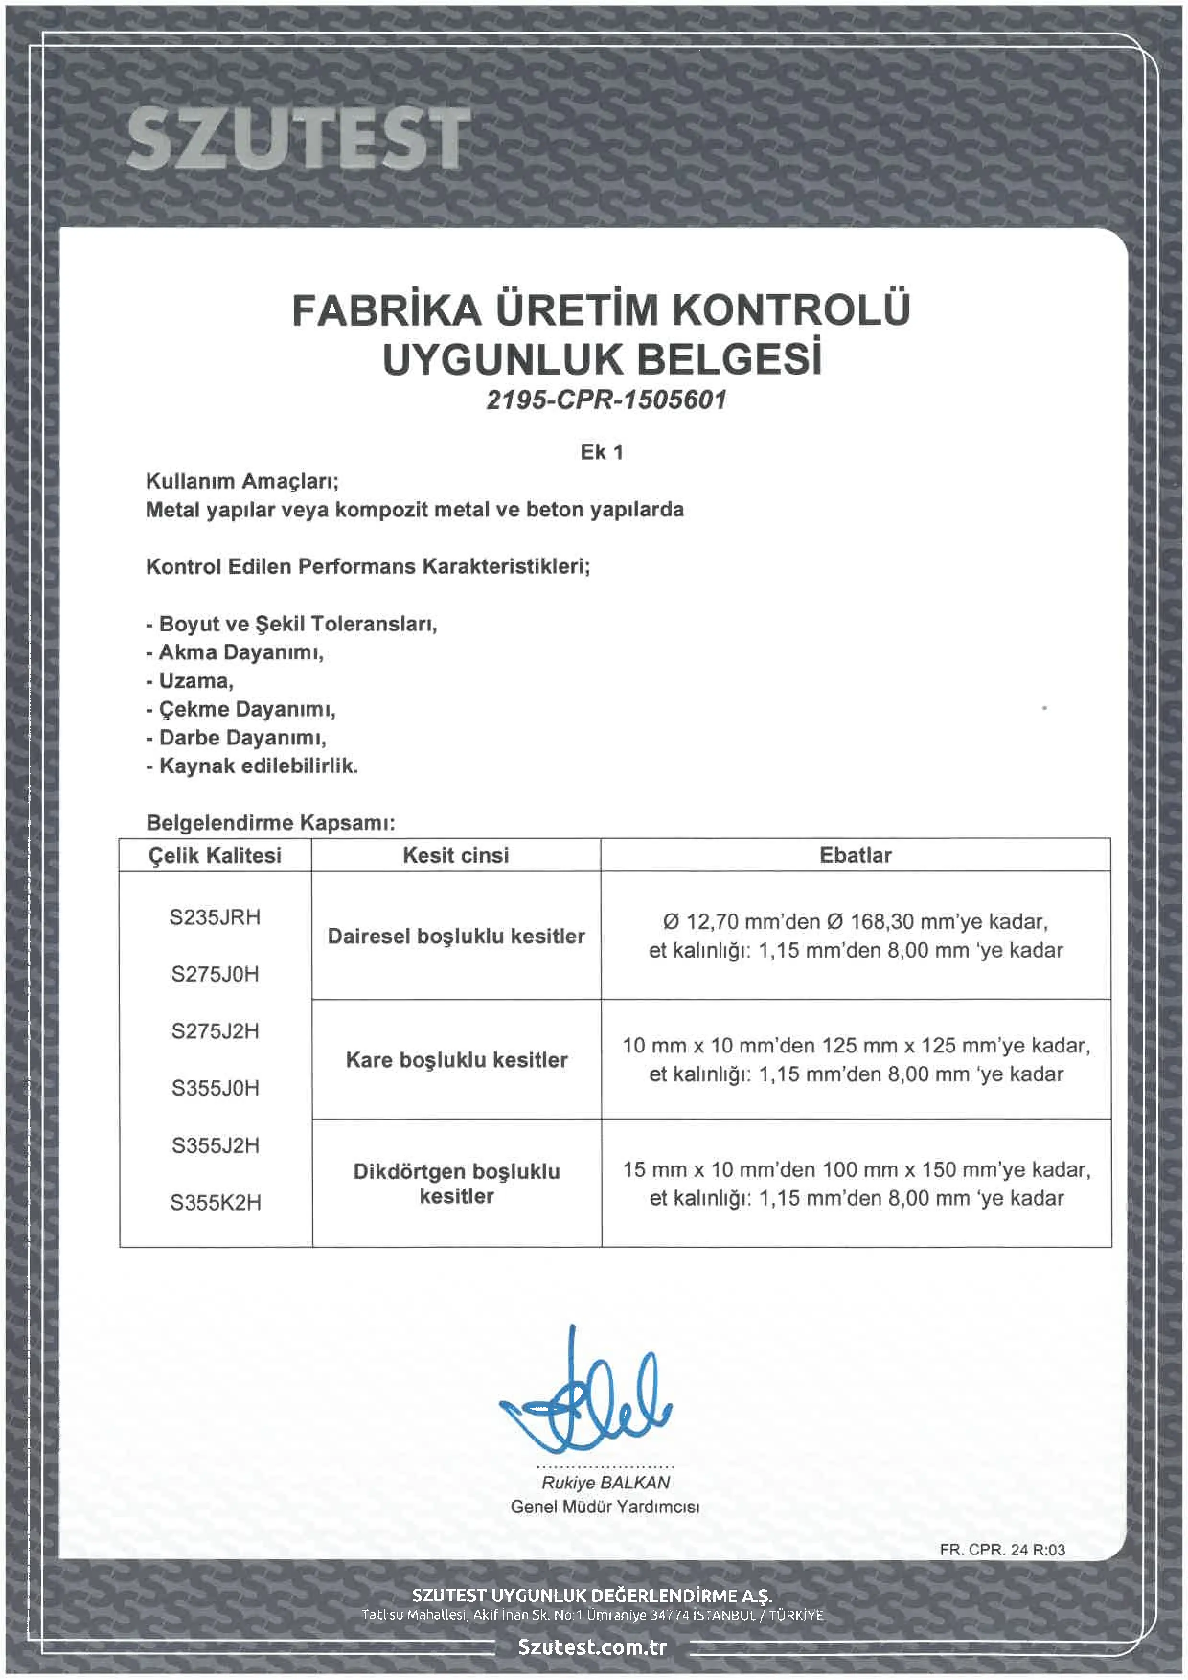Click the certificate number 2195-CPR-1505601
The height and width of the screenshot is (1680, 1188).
(x=606, y=400)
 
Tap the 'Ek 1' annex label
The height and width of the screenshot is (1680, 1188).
(x=601, y=452)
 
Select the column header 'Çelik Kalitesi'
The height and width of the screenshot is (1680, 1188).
(x=215, y=856)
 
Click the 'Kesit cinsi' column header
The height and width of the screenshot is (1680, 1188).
(x=456, y=856)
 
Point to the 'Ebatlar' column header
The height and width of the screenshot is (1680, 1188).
(x=855, y=856)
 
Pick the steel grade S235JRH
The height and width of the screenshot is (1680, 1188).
(x=215, y=917)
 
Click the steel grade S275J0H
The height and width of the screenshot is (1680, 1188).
(x=215, y=974)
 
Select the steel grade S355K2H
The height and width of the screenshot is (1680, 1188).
(x=215, y=1202)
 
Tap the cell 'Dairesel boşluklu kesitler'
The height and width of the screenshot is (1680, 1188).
(x=456, y=936)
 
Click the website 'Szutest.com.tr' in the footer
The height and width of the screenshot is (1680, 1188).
(x=593, y=1646)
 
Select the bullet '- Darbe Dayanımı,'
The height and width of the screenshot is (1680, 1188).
(x=236, y=738)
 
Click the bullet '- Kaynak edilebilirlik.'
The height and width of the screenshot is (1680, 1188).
(x=252, y=766)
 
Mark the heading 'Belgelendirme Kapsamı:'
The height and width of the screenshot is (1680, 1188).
(x=271, y=823)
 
